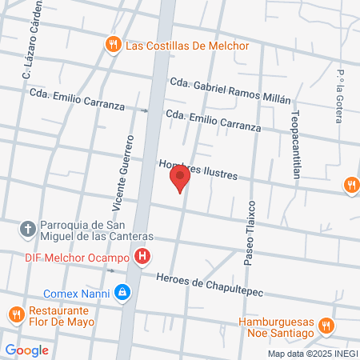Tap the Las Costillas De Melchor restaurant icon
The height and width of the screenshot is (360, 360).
tap(113, 45)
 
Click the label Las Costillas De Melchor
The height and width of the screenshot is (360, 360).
tap(187, 46)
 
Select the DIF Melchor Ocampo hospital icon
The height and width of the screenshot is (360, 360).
tap(142, 257)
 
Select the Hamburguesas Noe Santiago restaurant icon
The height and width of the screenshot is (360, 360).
tap(325, 326)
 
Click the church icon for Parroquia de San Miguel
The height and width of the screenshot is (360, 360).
tap(27, 230)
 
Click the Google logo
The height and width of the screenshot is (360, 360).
tap(26, 350)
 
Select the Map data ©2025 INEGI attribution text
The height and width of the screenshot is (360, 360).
tap(312, 354)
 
